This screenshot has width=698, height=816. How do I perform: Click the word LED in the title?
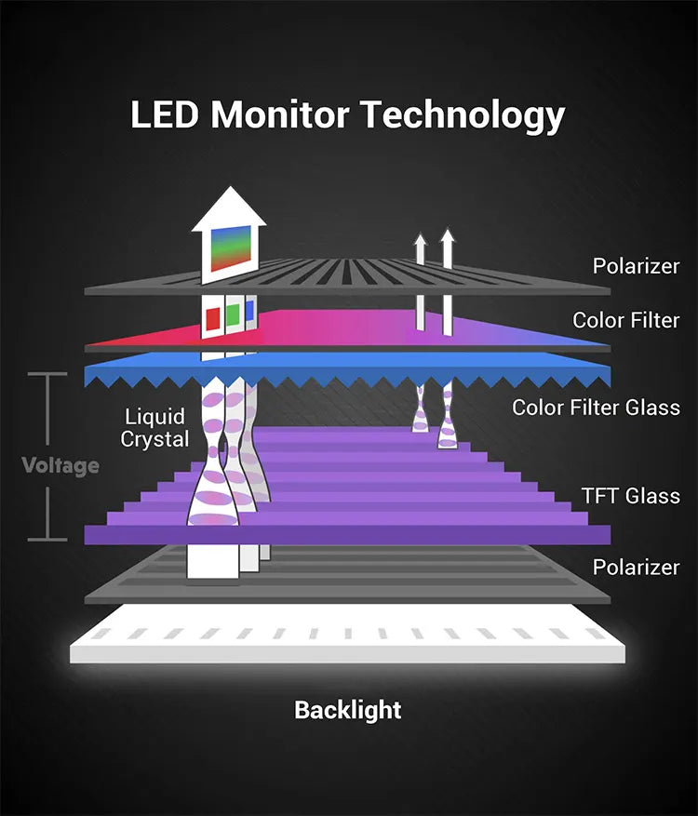click(165, 114)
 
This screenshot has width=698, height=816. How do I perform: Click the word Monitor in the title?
click(280, 114)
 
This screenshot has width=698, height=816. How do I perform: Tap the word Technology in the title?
click(463, 116)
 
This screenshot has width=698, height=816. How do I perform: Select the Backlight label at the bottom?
click(348, 710)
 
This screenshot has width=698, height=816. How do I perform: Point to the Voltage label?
click(60, 466)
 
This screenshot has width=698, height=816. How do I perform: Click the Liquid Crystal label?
click(154, 428)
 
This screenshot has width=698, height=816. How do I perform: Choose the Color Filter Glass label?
click(596, 408)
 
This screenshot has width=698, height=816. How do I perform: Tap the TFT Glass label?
click(631, 496)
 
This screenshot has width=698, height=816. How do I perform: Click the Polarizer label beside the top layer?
click(636, 266)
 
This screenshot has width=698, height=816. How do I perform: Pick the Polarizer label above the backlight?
click(636, 568)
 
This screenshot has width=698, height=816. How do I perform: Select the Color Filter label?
click(626, 321)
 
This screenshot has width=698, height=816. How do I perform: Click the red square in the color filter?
click(213, 318)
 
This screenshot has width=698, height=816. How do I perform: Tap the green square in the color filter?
click(234, 314)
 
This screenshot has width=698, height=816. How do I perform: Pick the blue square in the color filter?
click(249, 311)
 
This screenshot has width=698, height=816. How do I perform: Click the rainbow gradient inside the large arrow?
click(232, 248)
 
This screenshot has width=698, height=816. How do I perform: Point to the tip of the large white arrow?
click(230, 186)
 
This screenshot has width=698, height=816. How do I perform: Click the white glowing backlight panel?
click(348, 634)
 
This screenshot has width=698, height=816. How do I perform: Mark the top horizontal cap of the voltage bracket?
click(47, 374)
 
